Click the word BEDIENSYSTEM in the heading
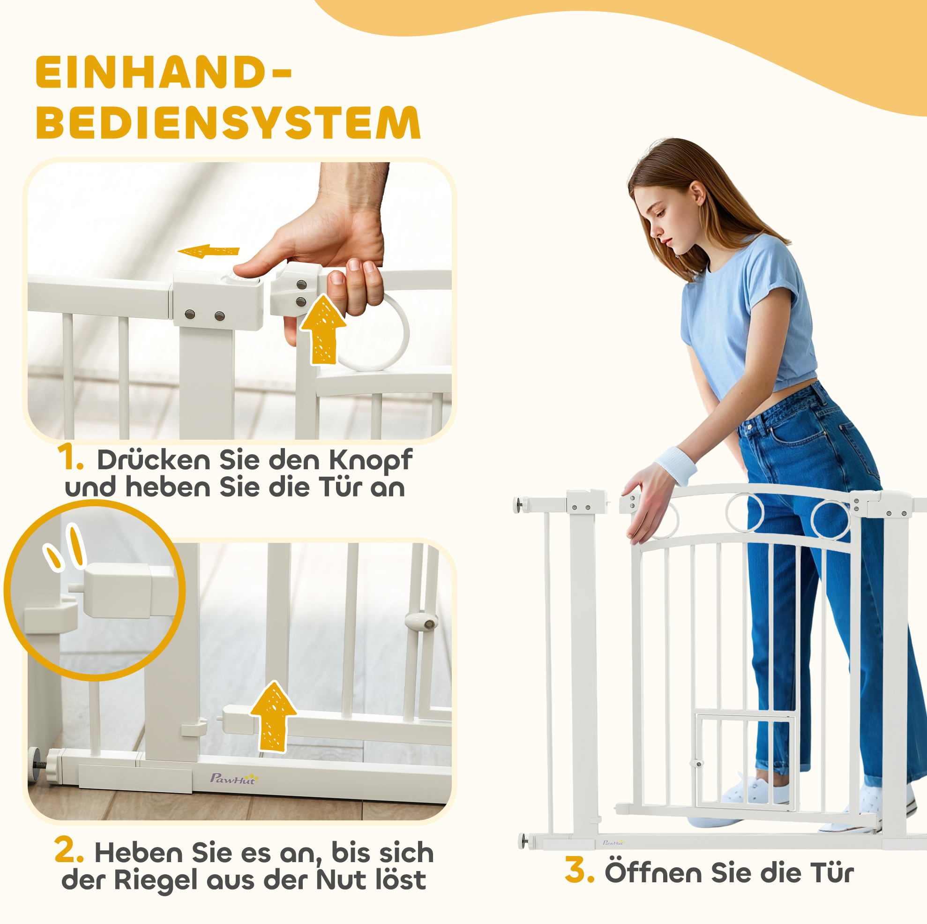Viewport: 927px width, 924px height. click(228, 122)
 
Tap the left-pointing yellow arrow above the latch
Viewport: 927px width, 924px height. click(208, 251)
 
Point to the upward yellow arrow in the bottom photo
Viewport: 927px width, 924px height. click(273, 716)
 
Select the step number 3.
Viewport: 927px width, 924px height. click(580, 869)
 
